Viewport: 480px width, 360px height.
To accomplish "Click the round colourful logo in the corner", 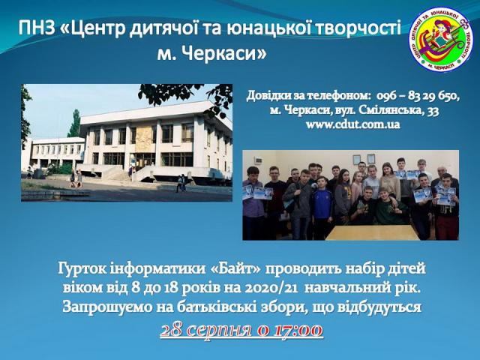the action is click(442, 39).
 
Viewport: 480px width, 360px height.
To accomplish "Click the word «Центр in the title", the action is click(93, 28).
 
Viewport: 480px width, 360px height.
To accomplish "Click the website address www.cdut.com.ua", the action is click(353, 124).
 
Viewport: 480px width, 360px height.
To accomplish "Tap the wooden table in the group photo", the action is click(372, 232).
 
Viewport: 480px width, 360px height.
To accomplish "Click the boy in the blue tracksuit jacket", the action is click(322, 208).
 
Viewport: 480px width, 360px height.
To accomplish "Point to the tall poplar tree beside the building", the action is click(74, 123).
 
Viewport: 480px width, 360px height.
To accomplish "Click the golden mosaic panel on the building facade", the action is click(143, 139).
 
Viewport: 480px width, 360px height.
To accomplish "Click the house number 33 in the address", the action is click(433, 110).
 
